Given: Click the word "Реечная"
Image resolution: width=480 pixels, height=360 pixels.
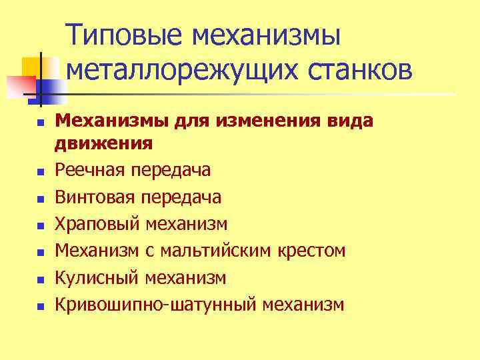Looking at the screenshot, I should tap(93, 171).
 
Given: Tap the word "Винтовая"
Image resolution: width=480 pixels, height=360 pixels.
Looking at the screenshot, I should tap(96, 197).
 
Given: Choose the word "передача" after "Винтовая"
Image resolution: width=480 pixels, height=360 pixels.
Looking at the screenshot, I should tap(183, 197).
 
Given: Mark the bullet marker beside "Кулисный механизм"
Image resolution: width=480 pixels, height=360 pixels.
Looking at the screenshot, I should tap(40, 279).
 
